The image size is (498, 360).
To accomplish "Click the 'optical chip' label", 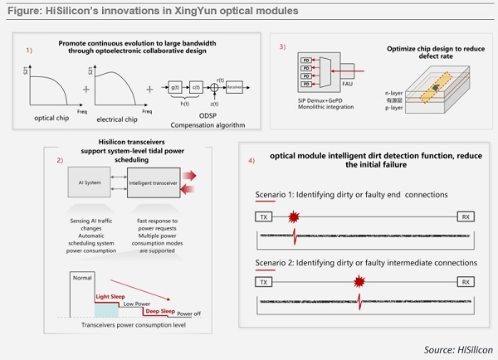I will point(51,118).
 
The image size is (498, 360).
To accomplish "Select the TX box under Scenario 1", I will point(265,216).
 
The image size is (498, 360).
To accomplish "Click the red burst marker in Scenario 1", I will point(294,216).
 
